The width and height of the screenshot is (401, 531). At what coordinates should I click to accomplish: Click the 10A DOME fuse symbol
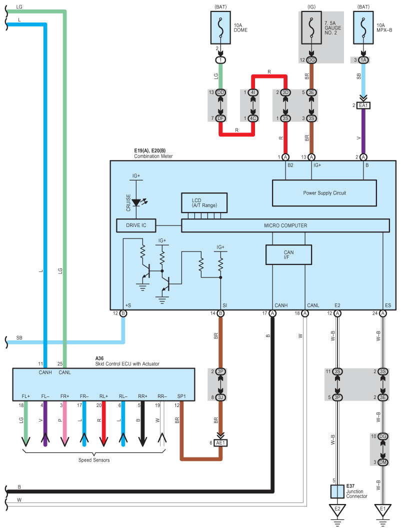[x=220, y=28]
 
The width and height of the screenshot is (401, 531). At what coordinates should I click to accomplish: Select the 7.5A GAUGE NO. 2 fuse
[x=311, y=28]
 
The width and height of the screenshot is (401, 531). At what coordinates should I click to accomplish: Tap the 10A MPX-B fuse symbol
[x=363, y=28]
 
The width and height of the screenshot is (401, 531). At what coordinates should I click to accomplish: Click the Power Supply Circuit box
[x=324, y=193]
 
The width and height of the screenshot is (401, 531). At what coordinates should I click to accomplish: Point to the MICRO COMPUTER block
[x=285, y=225]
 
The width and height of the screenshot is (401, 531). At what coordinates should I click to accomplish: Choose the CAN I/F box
[x=288, y=254]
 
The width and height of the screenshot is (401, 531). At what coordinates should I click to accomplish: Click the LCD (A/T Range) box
[x=204, y=203]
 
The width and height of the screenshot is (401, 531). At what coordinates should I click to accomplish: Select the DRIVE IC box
[x=136, y=225]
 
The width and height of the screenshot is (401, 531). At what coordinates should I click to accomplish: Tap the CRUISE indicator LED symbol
[x=136, y=202]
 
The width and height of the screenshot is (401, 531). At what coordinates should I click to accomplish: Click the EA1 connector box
[x=363, y=105]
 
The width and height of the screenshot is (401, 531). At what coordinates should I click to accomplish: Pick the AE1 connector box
[x=220, y=443]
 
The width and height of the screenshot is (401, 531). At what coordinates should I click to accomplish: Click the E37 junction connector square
[x=337, y=491]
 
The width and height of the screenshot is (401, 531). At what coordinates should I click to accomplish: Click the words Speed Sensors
[x=94, y=460]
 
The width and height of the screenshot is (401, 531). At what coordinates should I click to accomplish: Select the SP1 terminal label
[x=181, y=396]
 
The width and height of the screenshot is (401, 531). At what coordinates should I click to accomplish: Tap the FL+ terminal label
[x=25, y=396]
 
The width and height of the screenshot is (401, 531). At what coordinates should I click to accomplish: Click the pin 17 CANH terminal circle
[x=272, y=313]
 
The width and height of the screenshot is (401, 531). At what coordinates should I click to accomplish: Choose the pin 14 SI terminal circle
[x=220, y=313]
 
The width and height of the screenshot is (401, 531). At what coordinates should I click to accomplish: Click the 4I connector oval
[x=253, y=92]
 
